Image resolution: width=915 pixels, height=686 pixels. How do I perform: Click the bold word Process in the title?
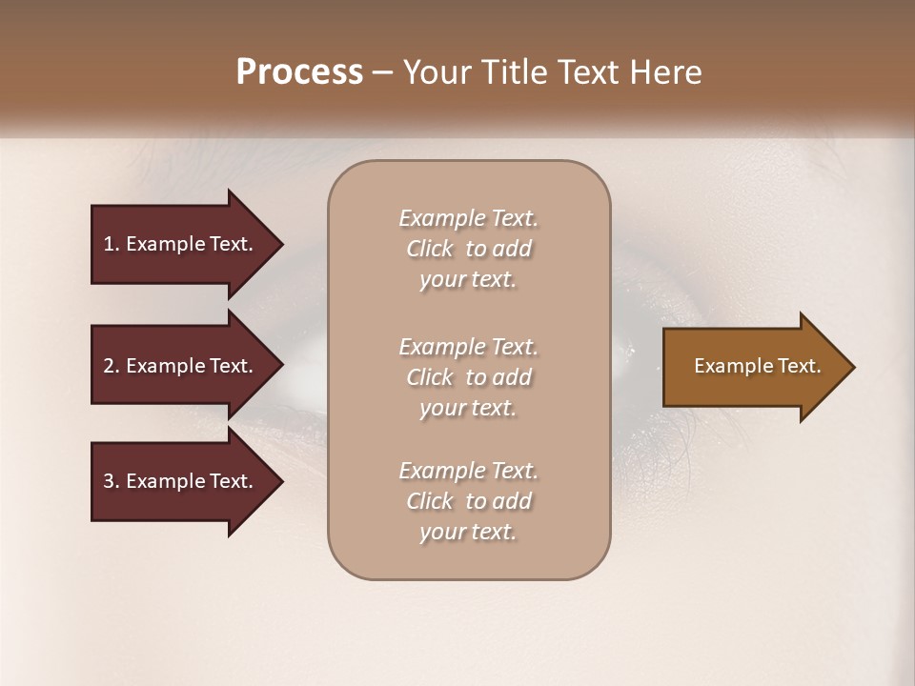click(299, 72)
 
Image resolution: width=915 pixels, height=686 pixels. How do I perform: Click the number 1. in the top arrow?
click(112, 244)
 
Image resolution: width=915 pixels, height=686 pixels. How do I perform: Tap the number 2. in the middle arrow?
click(112, 366)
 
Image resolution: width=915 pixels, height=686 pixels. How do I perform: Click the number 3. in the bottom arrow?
click(112, 481)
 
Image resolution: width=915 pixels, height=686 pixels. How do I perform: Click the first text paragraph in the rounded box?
click(468, 249)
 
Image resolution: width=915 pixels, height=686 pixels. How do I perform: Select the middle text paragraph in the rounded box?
click(468, 377)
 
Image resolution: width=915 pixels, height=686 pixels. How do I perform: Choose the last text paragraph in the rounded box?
click(468, 501)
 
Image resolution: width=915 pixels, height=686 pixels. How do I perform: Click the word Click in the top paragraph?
click(430, 249)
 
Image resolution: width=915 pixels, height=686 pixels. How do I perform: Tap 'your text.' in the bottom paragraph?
click(468, 532)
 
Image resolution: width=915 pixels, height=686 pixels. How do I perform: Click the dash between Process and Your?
click(382, 72)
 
